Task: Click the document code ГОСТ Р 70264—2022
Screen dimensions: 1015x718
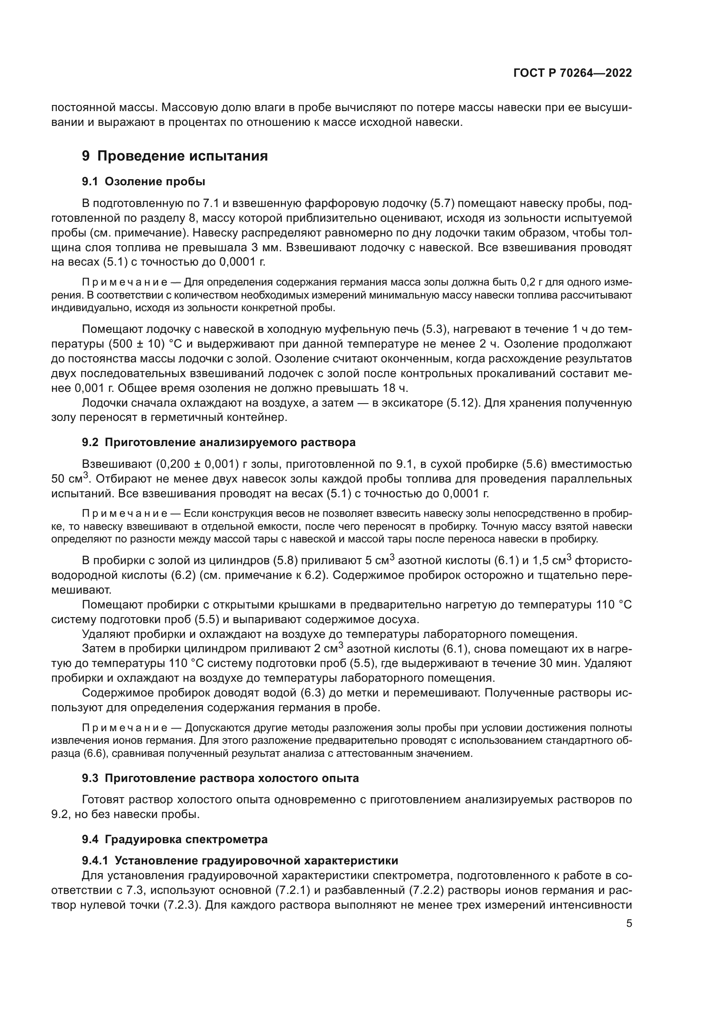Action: click(x=573, y=73)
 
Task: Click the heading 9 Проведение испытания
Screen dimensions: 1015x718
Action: click(x=175, y=156)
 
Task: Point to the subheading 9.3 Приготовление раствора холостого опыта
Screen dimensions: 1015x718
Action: click(x=220, y=778)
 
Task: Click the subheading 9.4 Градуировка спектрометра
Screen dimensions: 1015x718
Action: click(x=175, y=839)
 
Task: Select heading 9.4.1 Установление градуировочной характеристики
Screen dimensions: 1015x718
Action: click(x=240, y=861)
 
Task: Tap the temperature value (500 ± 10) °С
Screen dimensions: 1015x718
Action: click(x=145, y=344)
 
